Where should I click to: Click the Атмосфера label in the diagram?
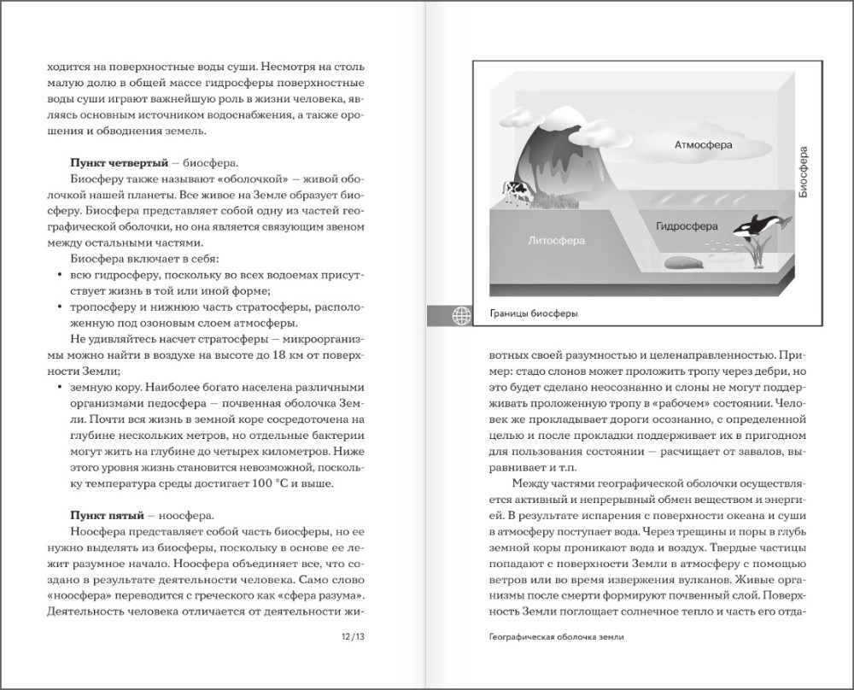(704, 146)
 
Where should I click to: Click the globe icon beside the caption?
(460, 313)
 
